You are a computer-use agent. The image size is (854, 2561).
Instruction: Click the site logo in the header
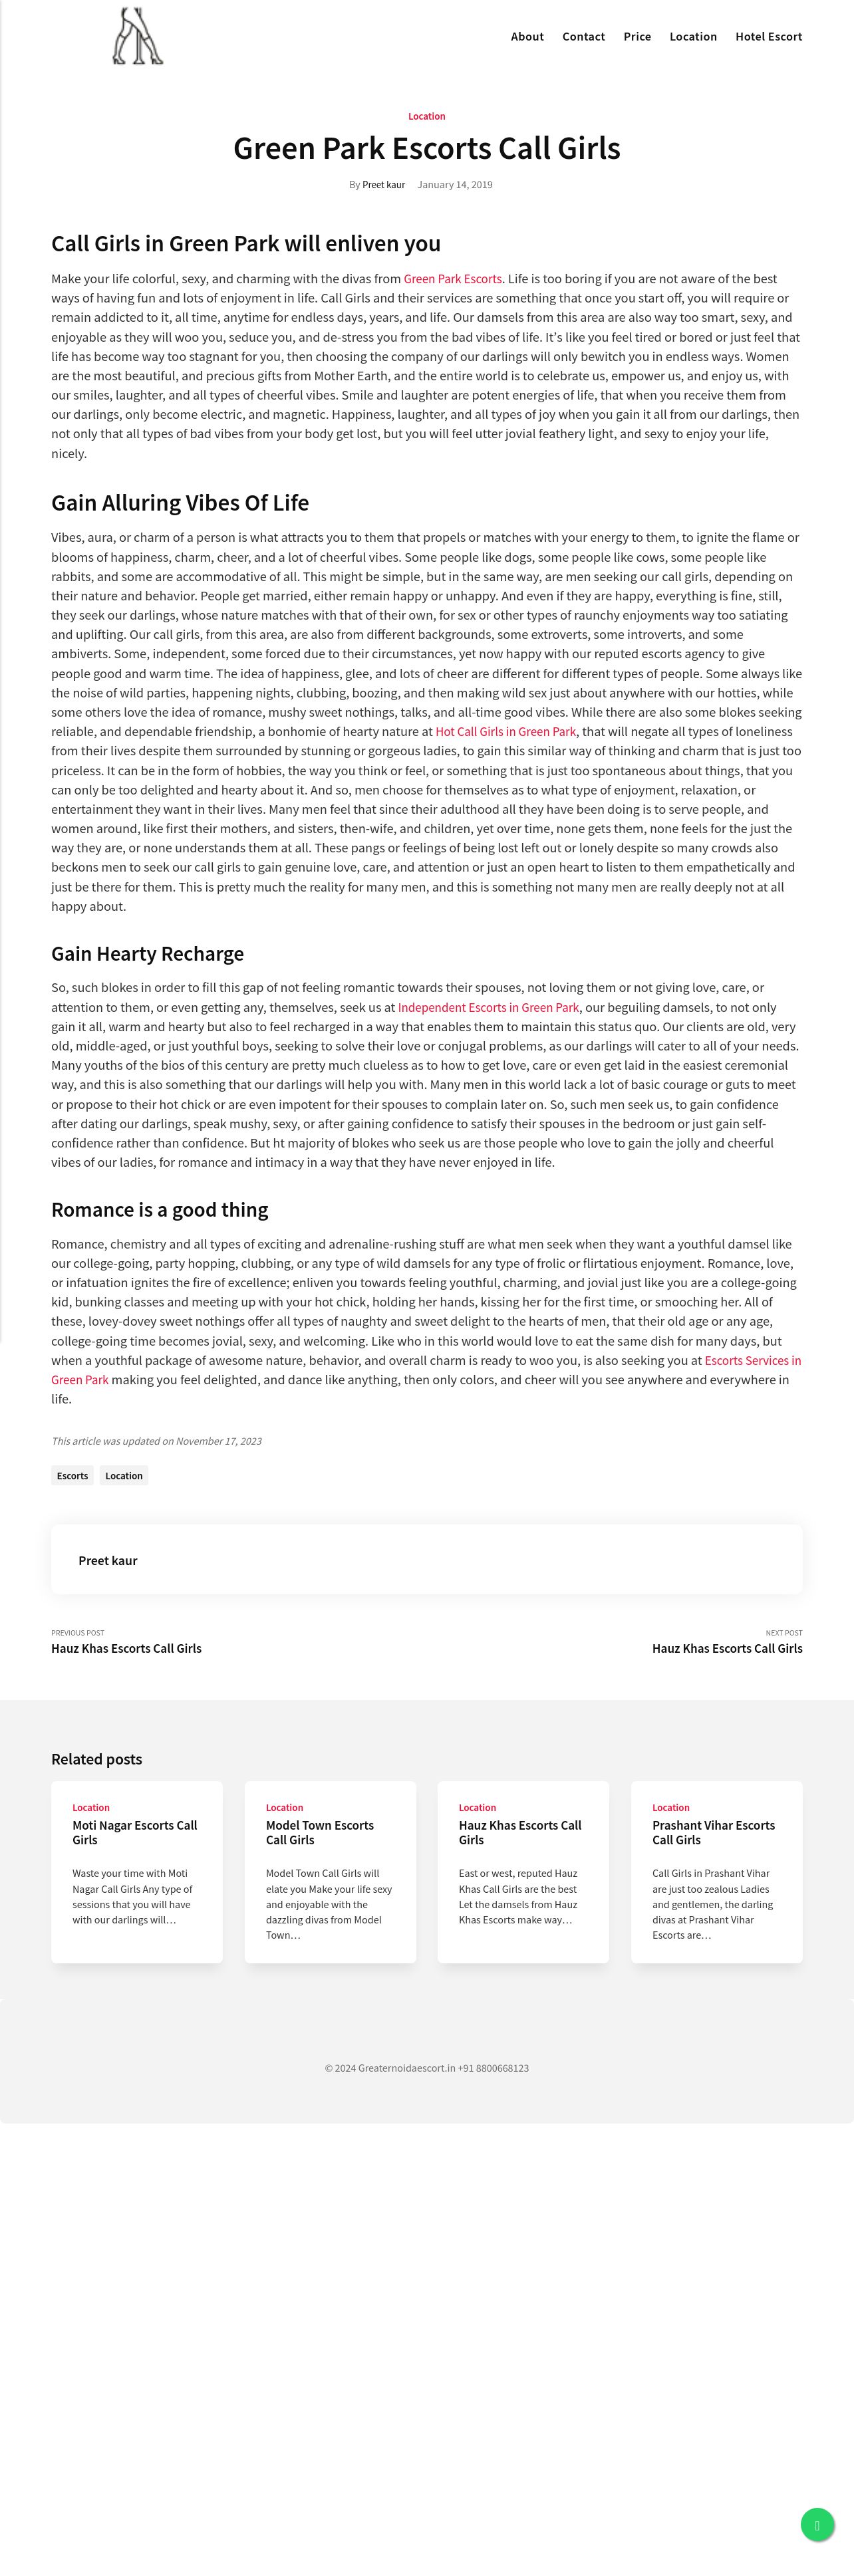pos(137,37)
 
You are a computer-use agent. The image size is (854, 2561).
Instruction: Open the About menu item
pos(527,37)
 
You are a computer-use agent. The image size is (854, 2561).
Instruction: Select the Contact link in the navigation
pos(583,37)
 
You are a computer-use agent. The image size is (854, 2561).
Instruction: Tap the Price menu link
pos(637,37)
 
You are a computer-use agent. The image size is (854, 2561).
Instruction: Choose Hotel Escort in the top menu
pos(768,37)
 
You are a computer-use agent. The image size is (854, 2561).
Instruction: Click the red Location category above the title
pos(426,116)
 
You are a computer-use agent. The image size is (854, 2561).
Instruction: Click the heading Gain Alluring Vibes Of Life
pos(180,503)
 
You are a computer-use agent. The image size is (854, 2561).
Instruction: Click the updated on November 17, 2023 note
pos(156,1441)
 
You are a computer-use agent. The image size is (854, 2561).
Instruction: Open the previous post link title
pos(126,1648)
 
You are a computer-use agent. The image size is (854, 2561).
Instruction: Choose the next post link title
pos(727,1648)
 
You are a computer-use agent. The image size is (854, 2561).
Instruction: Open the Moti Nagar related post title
pos(134,1832)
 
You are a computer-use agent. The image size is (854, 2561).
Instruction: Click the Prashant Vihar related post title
pos(713,1832)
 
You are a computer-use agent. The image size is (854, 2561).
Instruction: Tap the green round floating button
pos(817,2525)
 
